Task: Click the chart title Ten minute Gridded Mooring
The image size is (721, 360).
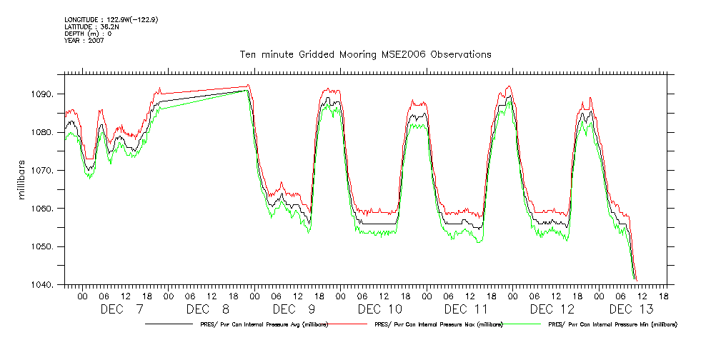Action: [365, 54]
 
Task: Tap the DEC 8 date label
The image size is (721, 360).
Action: [207, 309]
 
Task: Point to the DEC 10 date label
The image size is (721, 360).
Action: [380, 309]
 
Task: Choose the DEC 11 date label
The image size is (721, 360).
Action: [466, 309]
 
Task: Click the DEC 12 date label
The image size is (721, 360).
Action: [552, 309]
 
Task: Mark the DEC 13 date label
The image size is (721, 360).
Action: [631, 309]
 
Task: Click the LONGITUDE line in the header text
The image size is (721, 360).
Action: [111, 20]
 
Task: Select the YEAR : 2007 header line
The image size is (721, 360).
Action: [84, 41]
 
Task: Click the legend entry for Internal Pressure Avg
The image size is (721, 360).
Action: [260, 325]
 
